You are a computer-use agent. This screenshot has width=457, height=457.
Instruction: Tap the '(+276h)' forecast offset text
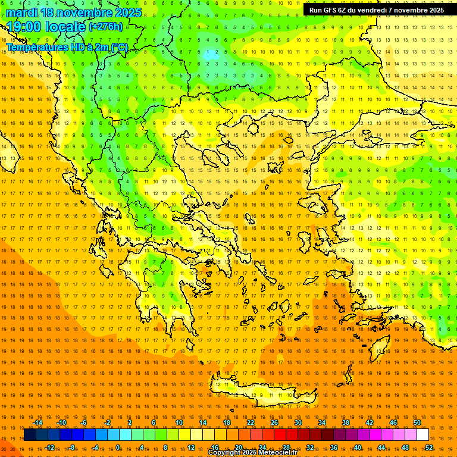tap(106, 27)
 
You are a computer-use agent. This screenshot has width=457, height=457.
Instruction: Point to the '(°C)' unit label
tap(119, 47)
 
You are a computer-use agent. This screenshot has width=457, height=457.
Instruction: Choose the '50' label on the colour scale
tap(417, 422)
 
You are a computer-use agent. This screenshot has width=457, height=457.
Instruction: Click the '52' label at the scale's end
tap(429, 447)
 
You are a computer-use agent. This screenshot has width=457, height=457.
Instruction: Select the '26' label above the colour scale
tap(274, 422)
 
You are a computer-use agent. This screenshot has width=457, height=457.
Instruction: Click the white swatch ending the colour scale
tap(423, 435)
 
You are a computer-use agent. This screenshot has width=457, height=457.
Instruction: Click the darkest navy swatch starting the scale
tap(30, 435)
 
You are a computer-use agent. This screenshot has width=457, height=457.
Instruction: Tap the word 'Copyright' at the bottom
tap(224, 453)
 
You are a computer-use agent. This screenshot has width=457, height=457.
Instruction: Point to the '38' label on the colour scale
tap(346, 422)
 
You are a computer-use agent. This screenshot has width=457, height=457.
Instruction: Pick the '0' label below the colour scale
tap(118, 447)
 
